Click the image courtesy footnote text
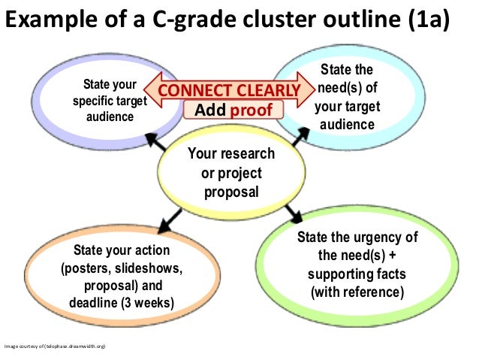57,346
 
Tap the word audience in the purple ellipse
110,116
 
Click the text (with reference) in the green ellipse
357,291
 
